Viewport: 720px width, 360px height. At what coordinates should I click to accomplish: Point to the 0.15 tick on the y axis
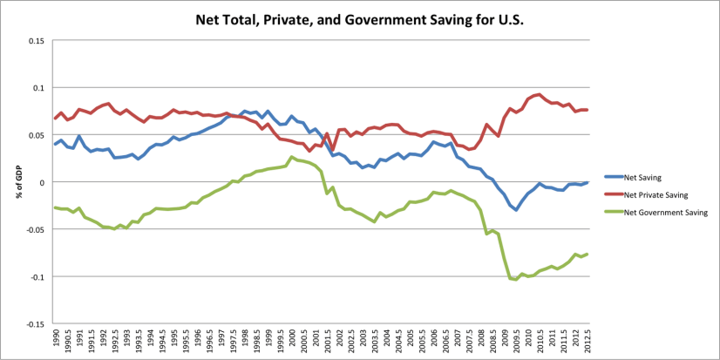pos(35,41)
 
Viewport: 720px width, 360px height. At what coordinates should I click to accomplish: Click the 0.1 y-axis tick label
pos(37,88)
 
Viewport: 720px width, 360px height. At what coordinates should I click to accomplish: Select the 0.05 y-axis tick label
pos(35,135)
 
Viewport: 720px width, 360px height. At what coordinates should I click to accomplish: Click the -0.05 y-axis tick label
pos(34,229)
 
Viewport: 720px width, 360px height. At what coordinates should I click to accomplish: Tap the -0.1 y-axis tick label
pos(36,276)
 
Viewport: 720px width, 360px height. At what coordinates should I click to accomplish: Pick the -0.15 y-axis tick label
pos(34,323)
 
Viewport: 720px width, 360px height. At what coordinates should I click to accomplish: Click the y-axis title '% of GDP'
pos(17,181)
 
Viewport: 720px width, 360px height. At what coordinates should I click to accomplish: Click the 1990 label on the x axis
pos(55,338)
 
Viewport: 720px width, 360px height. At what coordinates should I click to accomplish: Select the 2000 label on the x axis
pos(292,338)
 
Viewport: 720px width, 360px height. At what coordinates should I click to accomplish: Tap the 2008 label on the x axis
pos(481,338)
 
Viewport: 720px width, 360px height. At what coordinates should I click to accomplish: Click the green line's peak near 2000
pos(292,157)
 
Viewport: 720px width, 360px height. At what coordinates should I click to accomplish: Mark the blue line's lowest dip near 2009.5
pos(516,210)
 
